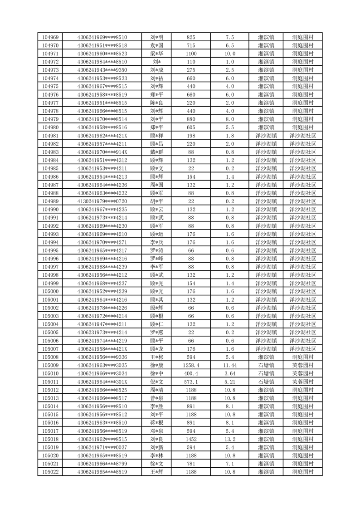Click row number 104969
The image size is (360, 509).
point(50,37)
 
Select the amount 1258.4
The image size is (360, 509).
point(191,365)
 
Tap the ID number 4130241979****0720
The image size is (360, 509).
point(102,201)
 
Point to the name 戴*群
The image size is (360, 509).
point(156,152)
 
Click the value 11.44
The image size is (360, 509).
point(229,365)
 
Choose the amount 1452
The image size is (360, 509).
point(191,439)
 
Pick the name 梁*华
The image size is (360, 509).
point(156,54)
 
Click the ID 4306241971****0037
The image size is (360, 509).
point(102,447)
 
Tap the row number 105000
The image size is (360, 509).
point(50,291)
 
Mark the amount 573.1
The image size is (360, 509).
point(191,382)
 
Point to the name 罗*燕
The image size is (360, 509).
point(156,333)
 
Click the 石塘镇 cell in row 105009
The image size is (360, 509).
point(266,365)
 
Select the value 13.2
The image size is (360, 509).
point(229,439)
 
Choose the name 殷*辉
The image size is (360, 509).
point(156,308)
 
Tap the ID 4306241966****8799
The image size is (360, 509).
point(102,464)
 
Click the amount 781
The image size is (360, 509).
point(191,464)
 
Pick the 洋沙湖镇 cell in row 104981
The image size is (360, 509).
point(266,136)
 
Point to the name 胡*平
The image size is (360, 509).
point(156,201)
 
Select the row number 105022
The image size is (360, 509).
point(50,472)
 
